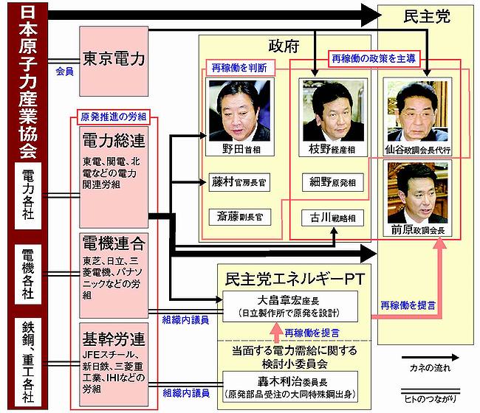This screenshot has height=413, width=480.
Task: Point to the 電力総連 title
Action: coord(112,141)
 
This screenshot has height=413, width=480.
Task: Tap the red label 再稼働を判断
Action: coord(240,67)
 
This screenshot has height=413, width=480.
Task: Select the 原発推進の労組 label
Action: coord(112,117)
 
